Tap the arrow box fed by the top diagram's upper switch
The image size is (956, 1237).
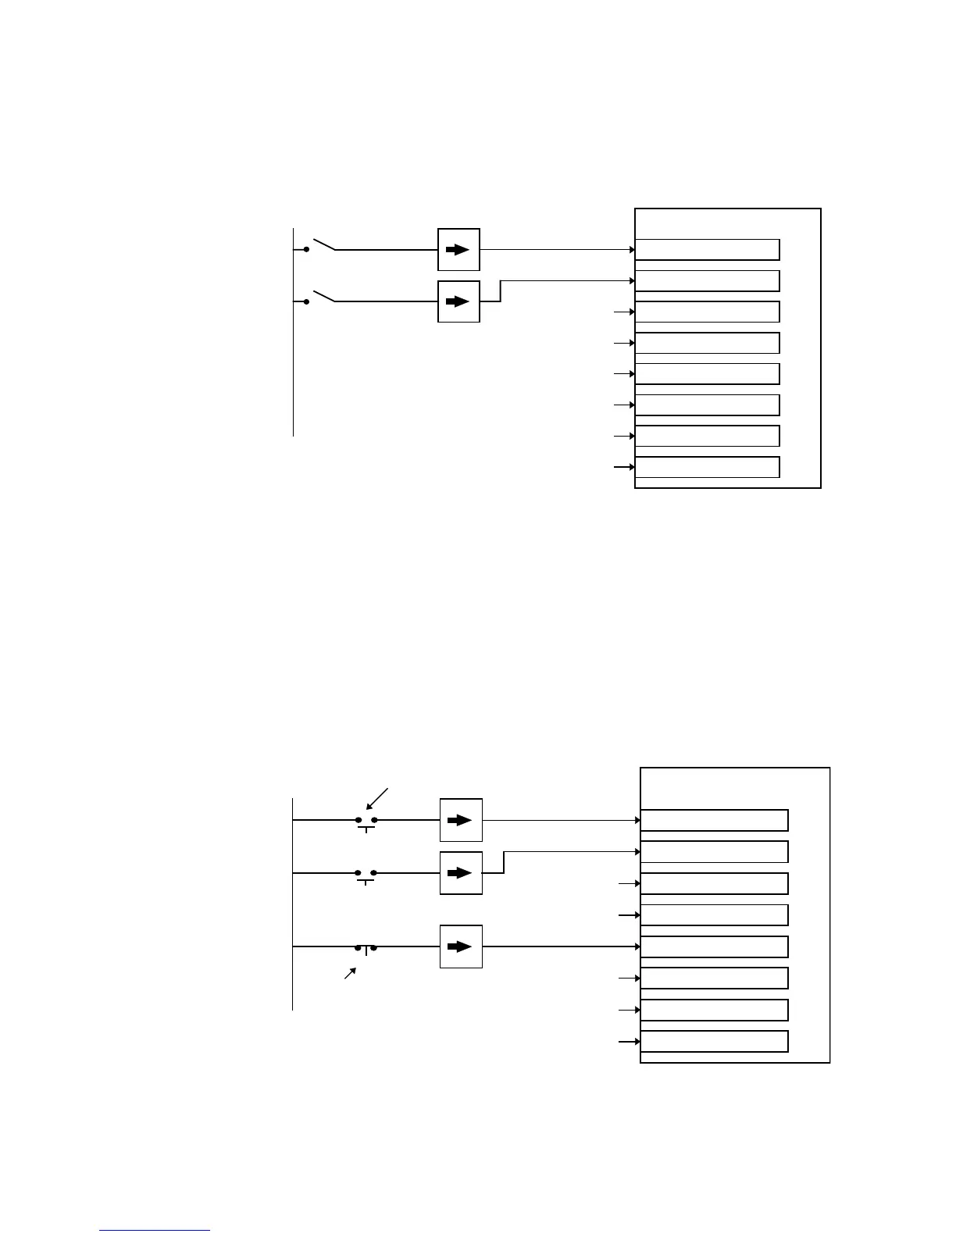click(458, 250)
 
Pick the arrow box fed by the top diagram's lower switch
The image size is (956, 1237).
click(458, 301)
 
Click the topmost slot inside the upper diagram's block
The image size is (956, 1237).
click(707, 250)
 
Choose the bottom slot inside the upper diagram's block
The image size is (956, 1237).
click(707, 467)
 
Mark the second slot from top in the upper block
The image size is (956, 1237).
click(707, 281)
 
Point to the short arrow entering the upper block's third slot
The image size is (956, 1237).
click(623, 312)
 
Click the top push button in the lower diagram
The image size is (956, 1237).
click(366, 822)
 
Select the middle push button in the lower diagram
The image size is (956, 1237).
click(366, 874)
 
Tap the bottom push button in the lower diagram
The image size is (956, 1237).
click(366, 948)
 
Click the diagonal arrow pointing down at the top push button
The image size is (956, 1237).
click(376, 799)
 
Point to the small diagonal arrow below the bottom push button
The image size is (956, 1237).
click(351, 973)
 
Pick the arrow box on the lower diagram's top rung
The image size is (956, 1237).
click(461, 820)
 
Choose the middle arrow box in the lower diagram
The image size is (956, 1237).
click(461, 872)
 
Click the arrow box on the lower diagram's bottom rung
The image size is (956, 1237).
click(461, 946)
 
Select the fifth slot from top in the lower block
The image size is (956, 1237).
click(714, 946)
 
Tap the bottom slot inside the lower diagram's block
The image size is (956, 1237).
click(714, 1041)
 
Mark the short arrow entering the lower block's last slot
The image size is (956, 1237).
click(629, 1042)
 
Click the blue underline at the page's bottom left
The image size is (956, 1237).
click(155, 1231)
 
